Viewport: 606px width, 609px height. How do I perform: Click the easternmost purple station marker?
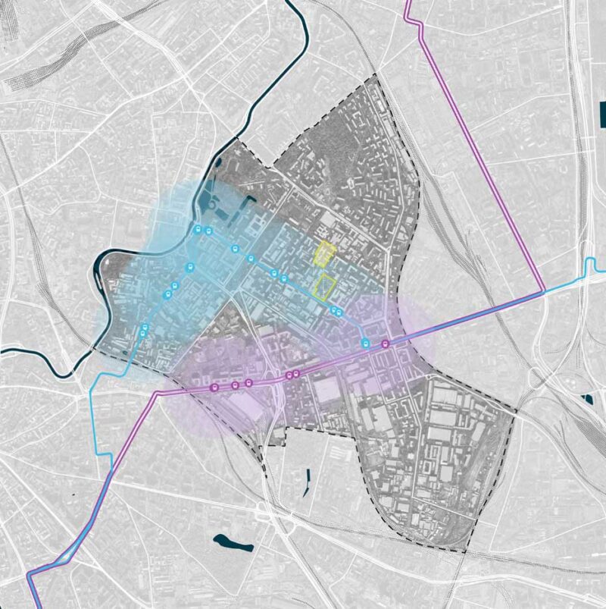point(386,344)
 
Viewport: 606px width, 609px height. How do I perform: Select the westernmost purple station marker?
point(214,388)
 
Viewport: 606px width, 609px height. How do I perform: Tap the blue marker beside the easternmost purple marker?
point(366,344)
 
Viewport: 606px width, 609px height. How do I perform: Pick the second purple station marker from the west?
point(235,385)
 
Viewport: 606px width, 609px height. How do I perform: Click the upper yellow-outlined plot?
point(325,253)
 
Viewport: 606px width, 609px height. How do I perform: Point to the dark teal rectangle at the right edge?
point(603,113)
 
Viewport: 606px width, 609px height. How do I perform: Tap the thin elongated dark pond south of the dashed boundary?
point(308,479)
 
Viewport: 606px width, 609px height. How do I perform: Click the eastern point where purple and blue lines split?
point(544,291)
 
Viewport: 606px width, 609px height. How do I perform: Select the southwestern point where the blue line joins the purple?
point(111,471)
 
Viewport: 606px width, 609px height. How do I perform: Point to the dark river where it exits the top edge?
point(289,2)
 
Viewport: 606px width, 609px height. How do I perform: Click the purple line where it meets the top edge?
point(407,2)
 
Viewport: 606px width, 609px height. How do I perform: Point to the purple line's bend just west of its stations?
point(158,393)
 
